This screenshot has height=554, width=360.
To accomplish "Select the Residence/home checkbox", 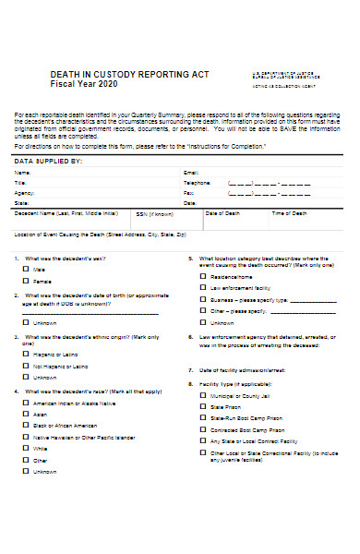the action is tap(202, 277).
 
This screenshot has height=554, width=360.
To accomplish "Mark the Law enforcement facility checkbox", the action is tap(202, 288).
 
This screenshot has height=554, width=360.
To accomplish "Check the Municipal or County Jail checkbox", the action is tap(202, 395).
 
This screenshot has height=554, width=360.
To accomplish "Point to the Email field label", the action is tap(191, 172).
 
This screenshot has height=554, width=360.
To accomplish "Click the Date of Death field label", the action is tap(222, 212).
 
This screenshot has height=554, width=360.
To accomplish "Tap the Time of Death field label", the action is tap(289, 212).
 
